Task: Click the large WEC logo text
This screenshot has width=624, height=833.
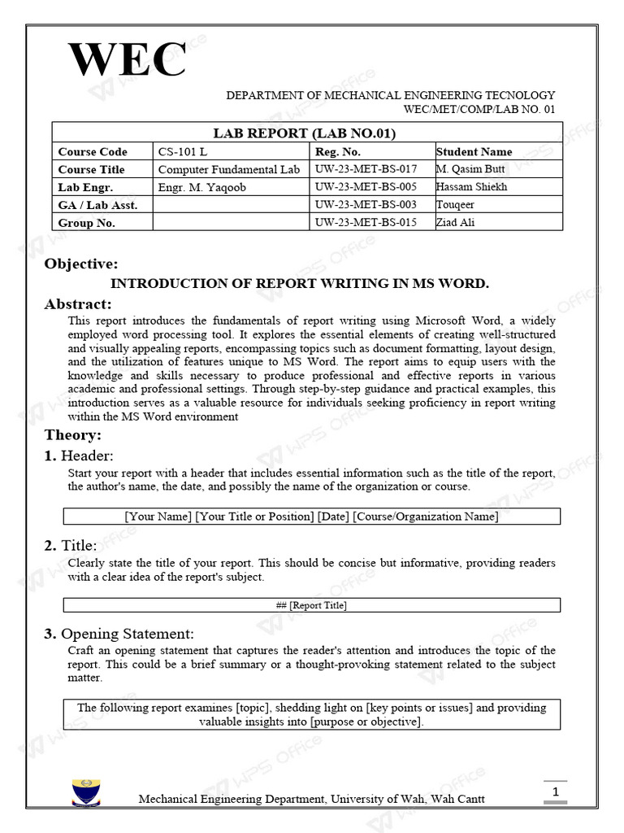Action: [x=128, y=59]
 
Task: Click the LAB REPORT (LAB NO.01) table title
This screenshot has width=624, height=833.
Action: [x=305, y=133]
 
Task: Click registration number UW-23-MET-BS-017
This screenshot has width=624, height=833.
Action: [x=366, y=169]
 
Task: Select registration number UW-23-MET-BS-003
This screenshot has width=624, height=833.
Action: [x=366, y=205]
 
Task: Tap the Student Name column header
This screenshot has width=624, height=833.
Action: [x=474, y=151]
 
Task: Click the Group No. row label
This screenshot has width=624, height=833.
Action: [x=86, y=223]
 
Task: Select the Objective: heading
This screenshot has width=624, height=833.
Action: [x=81, y=264]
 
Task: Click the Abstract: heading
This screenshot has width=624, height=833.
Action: [x=78, y=303]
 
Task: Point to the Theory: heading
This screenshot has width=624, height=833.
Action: [x=73, y=435]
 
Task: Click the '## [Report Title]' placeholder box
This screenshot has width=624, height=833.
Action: [x=311, y=605]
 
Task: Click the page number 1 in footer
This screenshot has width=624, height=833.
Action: [x=555, y=792]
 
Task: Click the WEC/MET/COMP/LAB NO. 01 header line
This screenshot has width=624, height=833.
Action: [x=479, y=110]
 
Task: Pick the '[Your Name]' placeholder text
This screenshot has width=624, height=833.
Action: [x=158, y=517]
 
